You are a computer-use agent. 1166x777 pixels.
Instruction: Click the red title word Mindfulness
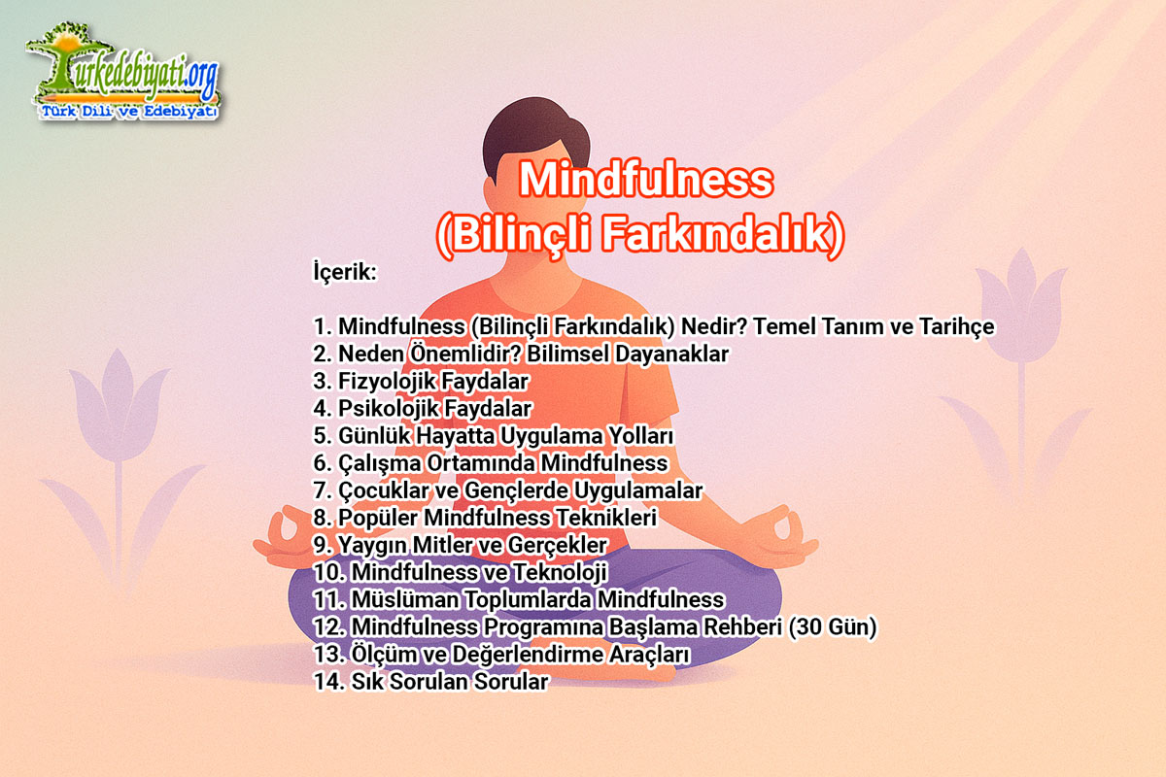pos(646,180)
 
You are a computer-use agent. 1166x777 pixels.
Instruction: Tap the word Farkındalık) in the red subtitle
pos(723,234)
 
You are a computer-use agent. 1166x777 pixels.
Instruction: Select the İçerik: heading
pos(345,272)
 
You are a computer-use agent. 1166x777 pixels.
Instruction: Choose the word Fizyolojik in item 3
pos(381,382)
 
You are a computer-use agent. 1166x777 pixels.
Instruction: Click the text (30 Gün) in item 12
pos(833,627)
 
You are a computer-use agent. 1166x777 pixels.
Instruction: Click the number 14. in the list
pos(329,682)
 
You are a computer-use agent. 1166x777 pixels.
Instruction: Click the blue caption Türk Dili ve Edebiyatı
pos(129,112)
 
